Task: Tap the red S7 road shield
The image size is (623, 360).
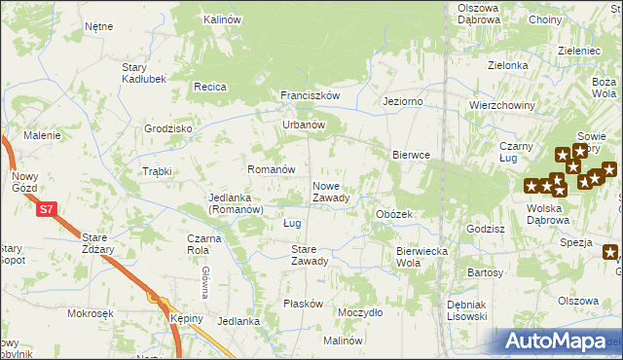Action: coord(46,208)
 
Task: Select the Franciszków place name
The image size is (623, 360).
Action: coord(310,95)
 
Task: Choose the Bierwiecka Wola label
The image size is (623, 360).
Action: coord(421,257)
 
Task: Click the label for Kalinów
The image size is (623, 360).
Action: coord(222,18)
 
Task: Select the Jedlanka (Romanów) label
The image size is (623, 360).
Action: coord(236,202)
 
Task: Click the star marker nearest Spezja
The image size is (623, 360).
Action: coord(610,254)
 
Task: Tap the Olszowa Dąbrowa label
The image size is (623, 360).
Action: coord(478,14)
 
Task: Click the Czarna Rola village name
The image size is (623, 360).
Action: coord(210,243)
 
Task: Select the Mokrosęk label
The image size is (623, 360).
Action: coord(91,313)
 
